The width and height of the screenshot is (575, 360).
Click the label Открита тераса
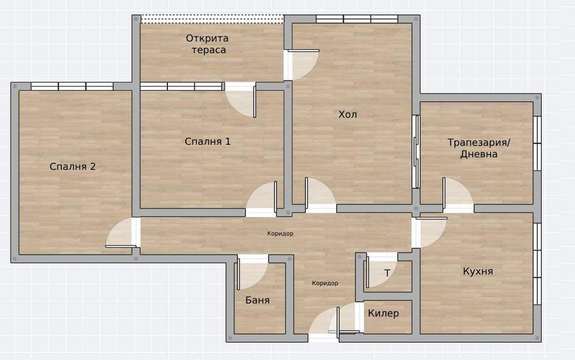point(206,44)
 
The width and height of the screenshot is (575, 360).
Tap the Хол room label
point(347,114)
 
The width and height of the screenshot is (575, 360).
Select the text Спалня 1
point(208,141)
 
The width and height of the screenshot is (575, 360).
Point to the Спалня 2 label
point(72,167)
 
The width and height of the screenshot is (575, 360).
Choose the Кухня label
point(478,271)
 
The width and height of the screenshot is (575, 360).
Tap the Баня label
point(257,300)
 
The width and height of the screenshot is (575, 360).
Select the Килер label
point(384,314)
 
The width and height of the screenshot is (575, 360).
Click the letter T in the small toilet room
point(388,273)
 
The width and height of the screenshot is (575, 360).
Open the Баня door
point(251,275)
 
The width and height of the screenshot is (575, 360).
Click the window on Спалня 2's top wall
point(72,86)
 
